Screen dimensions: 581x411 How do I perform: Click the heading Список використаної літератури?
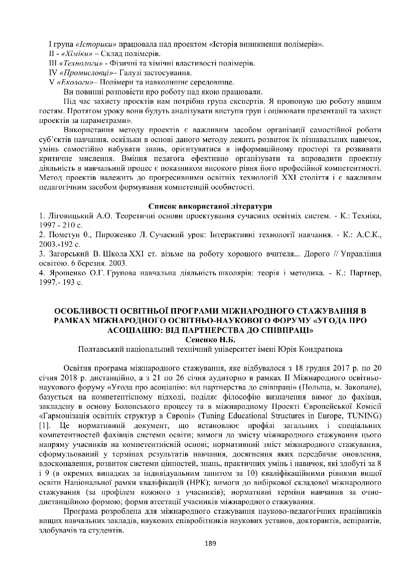coord(210,207)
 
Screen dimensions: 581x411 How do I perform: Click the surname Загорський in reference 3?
coord(68,254)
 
